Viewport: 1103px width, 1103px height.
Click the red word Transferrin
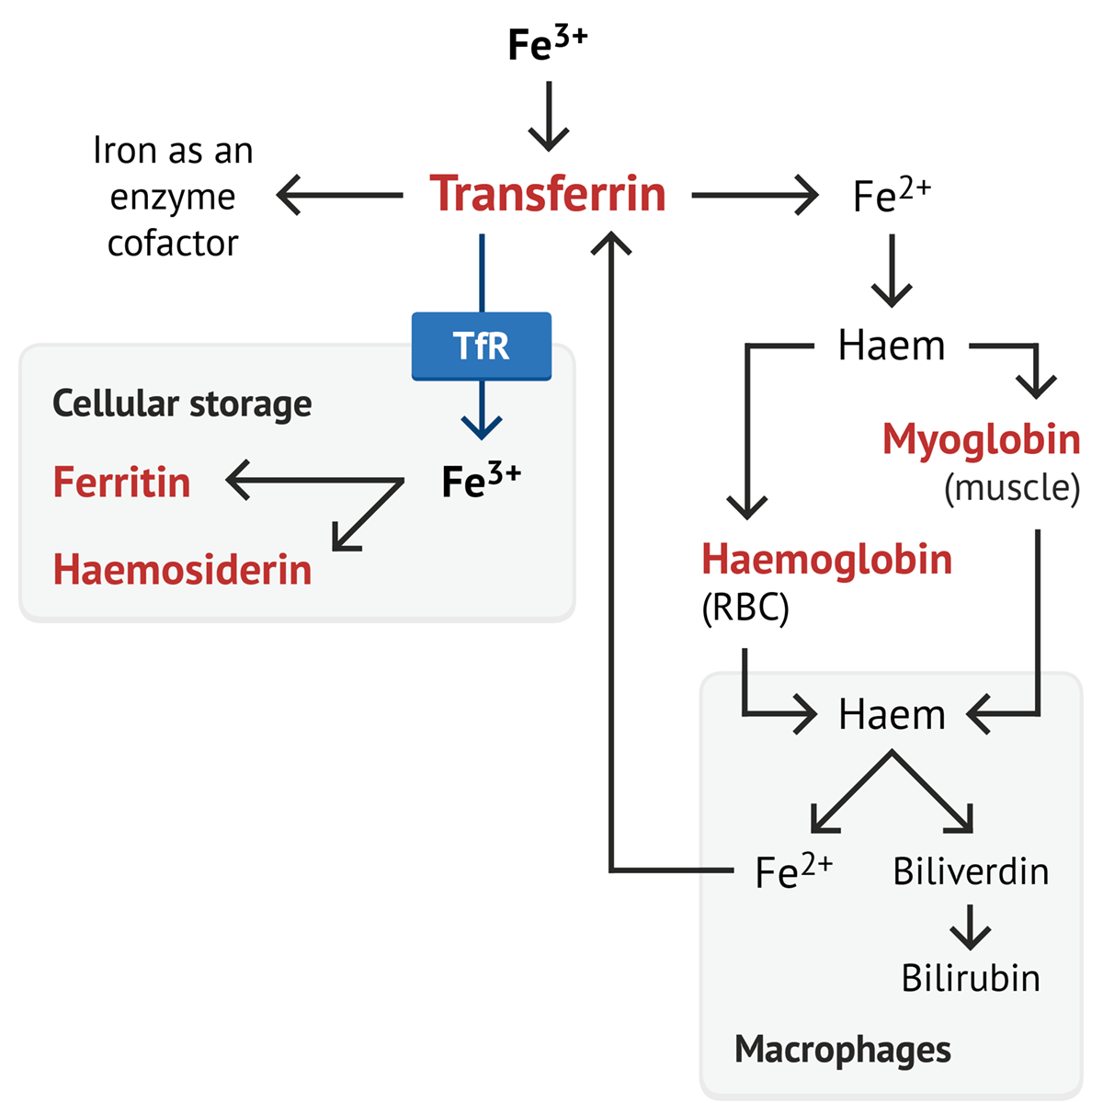coord(548,194)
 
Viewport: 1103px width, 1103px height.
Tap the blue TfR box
coord(481,346)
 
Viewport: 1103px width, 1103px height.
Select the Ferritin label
coord(121,483)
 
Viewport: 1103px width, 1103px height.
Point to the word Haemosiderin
coord(182,570)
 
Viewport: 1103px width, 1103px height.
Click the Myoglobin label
coord(981,439)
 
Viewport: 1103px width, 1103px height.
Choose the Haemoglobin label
coord(826,560)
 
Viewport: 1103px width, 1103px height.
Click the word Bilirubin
coord(971,978)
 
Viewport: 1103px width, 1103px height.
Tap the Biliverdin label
coord(971,871)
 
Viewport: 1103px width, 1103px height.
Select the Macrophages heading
coord(843,1049)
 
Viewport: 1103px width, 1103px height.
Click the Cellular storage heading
coord(182,404)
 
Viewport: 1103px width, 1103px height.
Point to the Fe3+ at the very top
coord(547,44)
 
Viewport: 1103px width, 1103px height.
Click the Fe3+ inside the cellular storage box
coord(481,481)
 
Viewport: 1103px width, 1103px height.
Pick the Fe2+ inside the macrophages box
coord(793,871)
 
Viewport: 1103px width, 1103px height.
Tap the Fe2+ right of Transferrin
coord(892,195)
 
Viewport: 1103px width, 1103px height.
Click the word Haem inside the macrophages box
coord(892,715)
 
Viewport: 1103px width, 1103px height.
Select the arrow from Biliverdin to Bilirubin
coord(971,927)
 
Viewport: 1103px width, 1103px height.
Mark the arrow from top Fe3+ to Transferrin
coord(549,116)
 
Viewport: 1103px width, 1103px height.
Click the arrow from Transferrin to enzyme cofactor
coord(340,195)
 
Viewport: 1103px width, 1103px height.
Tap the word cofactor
coord(173,244)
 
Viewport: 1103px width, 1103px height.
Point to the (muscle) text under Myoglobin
coord(1012,488)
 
